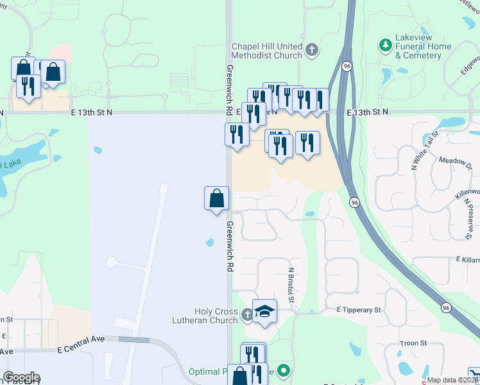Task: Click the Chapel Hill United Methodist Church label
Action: click(267, 51)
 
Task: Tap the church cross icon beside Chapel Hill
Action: click(312, 49)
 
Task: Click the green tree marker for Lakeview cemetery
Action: click(385, 46)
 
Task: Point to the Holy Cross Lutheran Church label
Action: click(205, 315)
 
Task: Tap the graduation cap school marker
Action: click(264, 312)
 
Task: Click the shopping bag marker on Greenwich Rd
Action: click(217, 198)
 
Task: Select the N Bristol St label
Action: click(291, 286)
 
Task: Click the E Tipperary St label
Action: click(359, 310)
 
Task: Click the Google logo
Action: click(21, 377)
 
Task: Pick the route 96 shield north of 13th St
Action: click(347, 66)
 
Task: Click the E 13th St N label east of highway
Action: click(368, 112)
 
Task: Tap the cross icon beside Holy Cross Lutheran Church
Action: click(248, 315)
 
